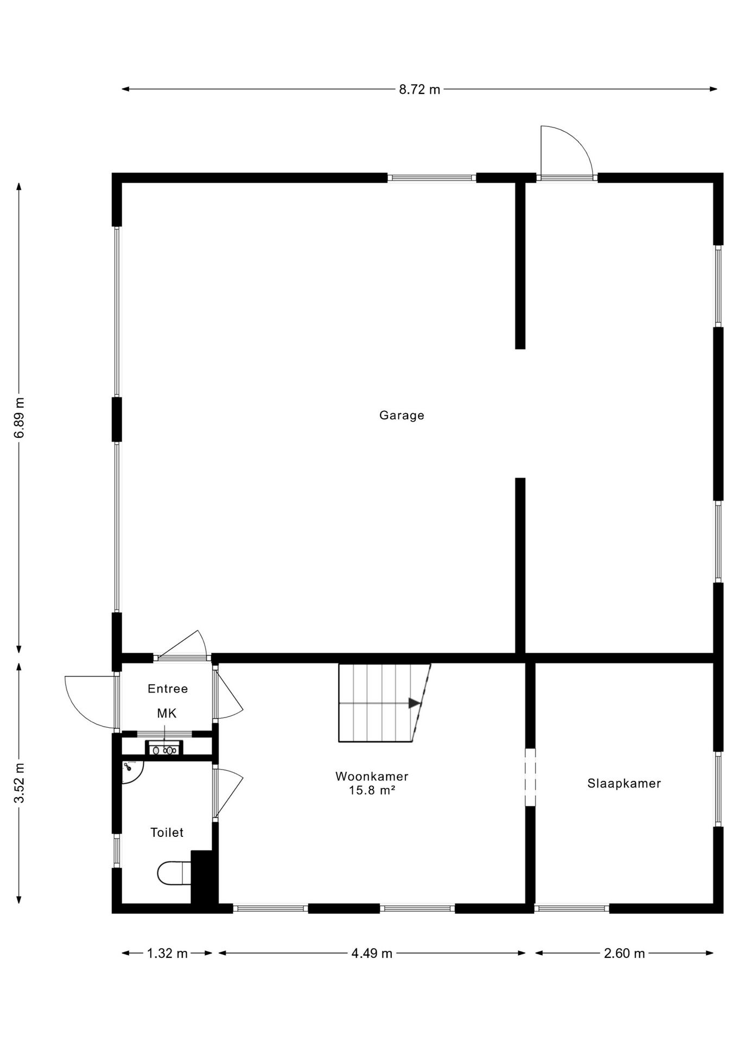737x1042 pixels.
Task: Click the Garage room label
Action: point(402,416)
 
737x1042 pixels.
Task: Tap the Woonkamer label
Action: point(372,777)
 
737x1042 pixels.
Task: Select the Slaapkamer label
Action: point(624,784)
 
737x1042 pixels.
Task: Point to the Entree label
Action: point(168,689)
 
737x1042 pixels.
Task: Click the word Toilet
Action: point(167,833)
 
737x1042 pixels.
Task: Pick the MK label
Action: point(167,713)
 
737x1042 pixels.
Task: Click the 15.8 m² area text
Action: point(372,790)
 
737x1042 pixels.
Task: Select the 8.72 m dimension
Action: point(420,90)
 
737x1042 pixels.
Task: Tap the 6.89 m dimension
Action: point(20,418)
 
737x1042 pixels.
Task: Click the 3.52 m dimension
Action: point(20,783)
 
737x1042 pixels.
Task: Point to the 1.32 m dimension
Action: point(167,954)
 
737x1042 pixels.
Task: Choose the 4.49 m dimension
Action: point(372,954)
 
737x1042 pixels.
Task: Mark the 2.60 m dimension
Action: point(624,954)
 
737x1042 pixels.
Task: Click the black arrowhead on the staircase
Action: point(415,703)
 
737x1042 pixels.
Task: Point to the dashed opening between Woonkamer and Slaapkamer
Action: point(530,777)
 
